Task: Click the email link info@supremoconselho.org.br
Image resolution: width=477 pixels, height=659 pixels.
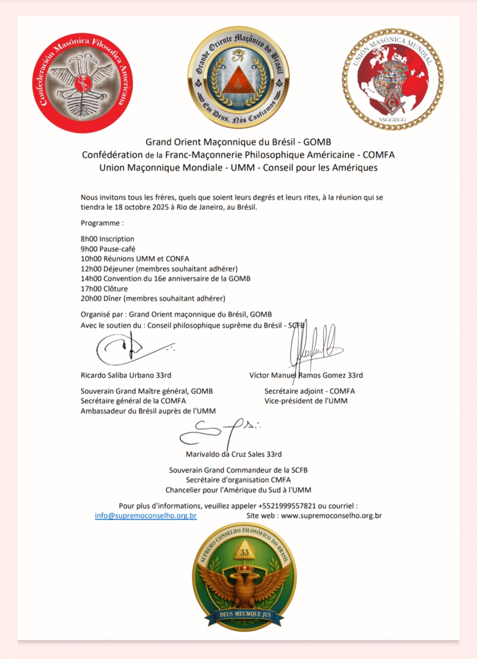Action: [x=145, y=515]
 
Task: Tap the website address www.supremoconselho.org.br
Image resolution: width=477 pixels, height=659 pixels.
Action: [x=332, y=515]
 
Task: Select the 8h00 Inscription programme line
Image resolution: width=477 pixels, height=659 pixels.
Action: [x=108, y=239]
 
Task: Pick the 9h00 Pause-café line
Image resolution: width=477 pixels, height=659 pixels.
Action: [x=108, y=248]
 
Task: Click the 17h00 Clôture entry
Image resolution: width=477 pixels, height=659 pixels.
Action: [x=104, y=288]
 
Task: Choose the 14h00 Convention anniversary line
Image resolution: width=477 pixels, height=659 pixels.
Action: [x=165, y=278]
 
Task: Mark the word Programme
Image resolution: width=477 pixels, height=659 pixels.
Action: [x=102, y=222]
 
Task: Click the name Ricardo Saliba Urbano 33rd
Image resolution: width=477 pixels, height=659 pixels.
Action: [x=126, y=375]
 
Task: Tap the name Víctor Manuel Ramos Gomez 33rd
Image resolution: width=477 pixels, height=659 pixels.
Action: [x=306, y=375]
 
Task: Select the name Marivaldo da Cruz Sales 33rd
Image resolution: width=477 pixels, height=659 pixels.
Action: [x=234, y=454]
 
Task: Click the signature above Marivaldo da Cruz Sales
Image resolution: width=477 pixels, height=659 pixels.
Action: [x=219, y=431]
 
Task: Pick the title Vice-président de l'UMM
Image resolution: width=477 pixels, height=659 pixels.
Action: [x=301, y=401]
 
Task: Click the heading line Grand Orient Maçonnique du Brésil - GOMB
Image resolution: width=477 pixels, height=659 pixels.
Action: [x=238, y=142]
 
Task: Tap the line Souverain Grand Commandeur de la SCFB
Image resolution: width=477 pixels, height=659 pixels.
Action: [x=238, y=470]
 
